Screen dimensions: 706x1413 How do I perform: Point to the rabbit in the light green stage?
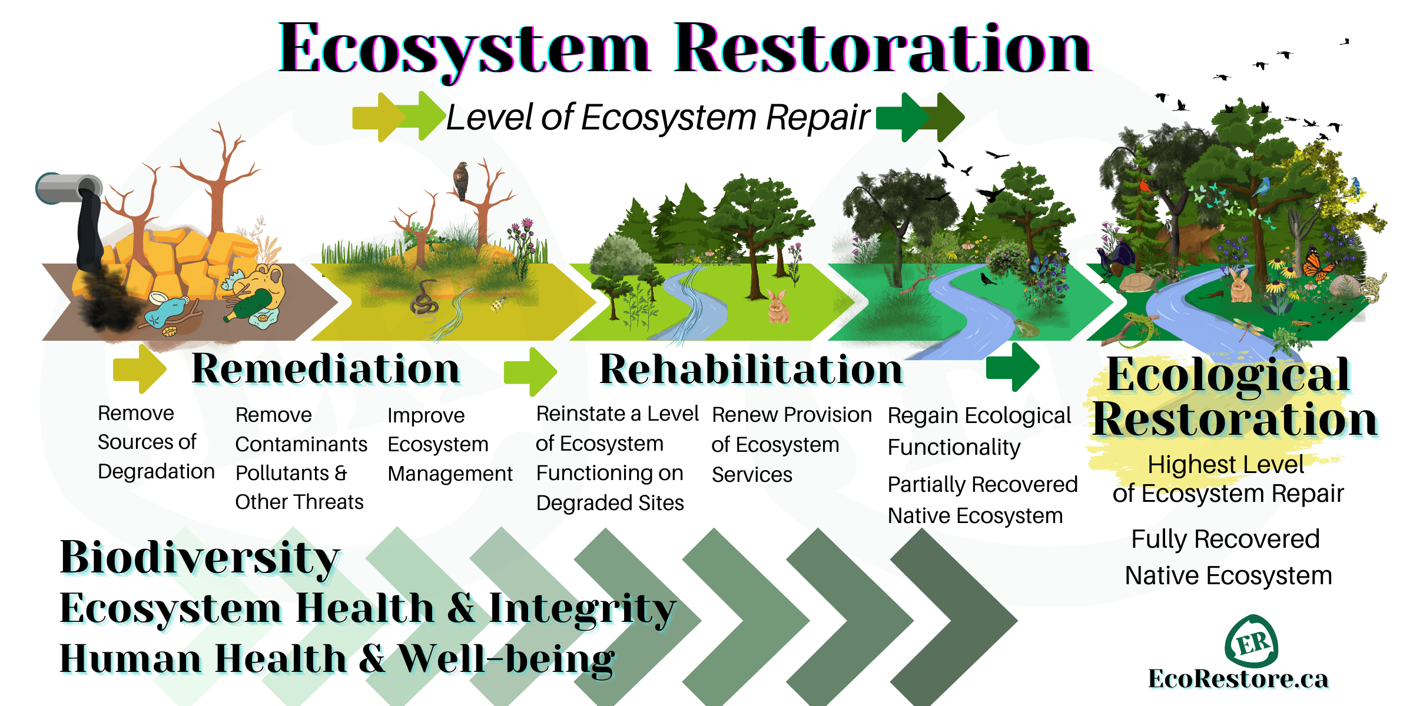point(777,306)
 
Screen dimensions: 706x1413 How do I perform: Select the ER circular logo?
point(1251,641)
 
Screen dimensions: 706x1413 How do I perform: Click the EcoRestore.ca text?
point(1238,678)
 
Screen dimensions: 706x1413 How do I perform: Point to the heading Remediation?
point(326,369)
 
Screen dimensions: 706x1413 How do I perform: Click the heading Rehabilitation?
point(751,369)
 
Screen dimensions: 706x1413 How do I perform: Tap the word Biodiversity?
point(200,557)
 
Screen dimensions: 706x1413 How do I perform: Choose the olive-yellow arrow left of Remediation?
point(139,369)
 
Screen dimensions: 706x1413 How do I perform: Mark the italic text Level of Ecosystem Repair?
point(658,117)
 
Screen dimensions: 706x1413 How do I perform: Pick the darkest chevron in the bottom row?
point(954,618)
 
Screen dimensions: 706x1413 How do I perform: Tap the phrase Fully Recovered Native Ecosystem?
point(1227,557)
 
